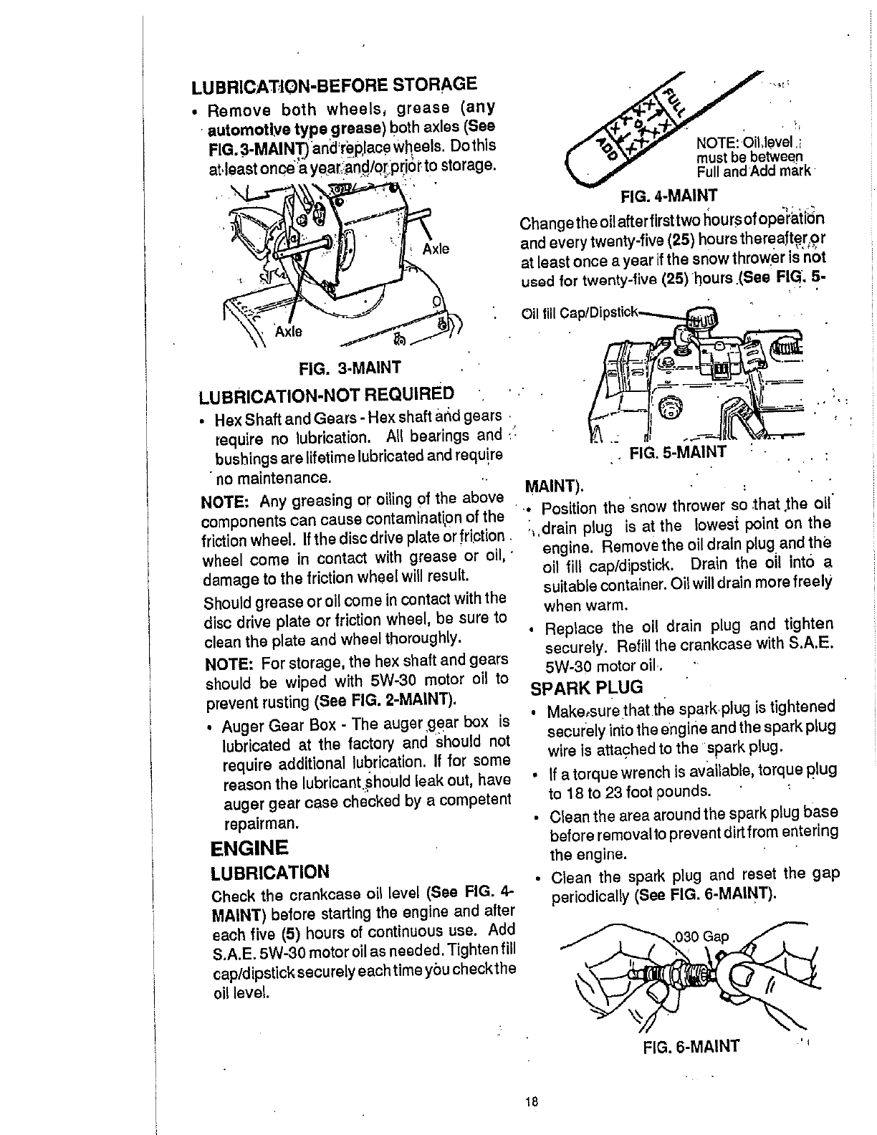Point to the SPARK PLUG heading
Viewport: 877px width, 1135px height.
[x=587, y=688]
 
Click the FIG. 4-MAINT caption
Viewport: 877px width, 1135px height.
[x=668, y=194]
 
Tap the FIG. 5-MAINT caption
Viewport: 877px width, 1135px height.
[x=677, y=452]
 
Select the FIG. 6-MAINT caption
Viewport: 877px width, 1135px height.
[x=690, y=1045]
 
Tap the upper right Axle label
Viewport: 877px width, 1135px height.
[x=436, y=249]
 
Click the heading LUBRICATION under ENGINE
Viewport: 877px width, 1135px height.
[x=270, y=872]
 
